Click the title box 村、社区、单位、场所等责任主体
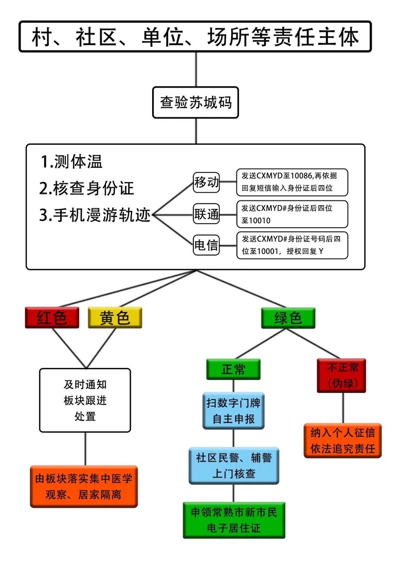click(195, 37)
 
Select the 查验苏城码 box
click(195, 102)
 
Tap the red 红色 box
click(52, 318)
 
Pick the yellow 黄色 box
click(115, 318)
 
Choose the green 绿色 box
click(288, 318)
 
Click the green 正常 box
click(233, 369)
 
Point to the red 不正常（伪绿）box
click(341, 376)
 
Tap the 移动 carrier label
click(206, 182)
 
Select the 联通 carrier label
click(206, 214)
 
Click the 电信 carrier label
click(206, 245)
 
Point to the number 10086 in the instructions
click(302, 176)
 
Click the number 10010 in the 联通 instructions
click(259, 221)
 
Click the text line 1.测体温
click(72, 162)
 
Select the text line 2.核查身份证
click(87, 188)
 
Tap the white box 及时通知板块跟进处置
click(85, 400)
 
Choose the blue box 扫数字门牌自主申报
click(233, 411)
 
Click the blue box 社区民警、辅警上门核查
click(234, 466)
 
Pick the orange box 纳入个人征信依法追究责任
click(343, 441)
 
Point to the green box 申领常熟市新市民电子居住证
click(234, 520)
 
